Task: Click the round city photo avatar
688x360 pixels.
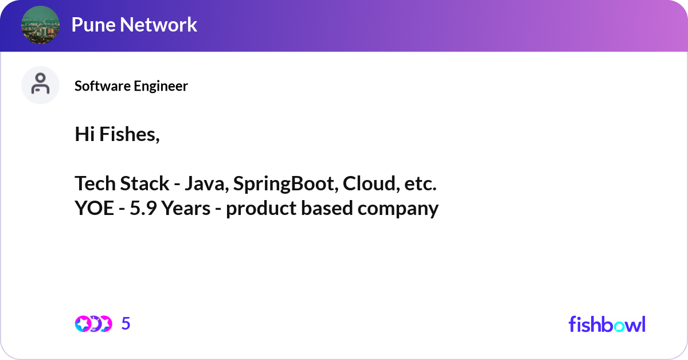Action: [x=40, y=25]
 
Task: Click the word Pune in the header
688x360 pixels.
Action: [x=93, y=25]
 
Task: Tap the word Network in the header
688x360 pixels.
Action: [x=158, y=25]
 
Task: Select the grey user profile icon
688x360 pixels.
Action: [x=40, y=85]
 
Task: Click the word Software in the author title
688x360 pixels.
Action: [x=103, y=86]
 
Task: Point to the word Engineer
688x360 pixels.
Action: [x=161, y=87]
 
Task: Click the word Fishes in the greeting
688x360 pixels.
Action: [x=130, y=134]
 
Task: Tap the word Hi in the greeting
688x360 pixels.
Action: [x=84, y=134]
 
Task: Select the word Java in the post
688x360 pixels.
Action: [x=207, y=183]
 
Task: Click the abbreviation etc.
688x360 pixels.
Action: [x=420, y=184]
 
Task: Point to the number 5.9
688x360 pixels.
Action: [x=143, y=208]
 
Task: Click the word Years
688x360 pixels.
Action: [x=186, y=208]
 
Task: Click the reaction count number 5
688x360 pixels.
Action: [x=126, y=323]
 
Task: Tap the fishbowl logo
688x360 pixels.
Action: [x=607, y=324]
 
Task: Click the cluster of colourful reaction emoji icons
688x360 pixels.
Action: [x=93, y=324]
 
